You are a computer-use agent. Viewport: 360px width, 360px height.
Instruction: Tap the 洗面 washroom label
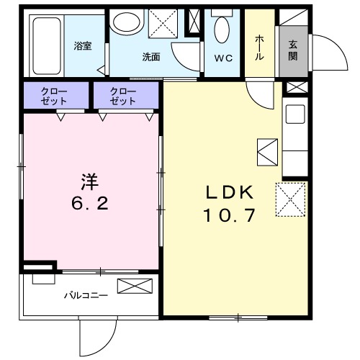tap(150, 56)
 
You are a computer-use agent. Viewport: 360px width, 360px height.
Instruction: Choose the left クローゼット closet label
tap(55, 95)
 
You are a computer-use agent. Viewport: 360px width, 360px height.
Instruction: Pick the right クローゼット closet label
tap(124, 95)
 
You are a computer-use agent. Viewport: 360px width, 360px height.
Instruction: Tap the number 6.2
tap(89, 204)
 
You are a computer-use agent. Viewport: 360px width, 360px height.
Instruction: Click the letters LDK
tap(230, 192)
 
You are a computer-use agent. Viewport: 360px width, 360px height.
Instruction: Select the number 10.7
tap(230, 215)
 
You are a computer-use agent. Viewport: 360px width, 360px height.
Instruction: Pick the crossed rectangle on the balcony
tap(135, 287)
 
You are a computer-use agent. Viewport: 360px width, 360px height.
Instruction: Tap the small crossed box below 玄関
tap(294, 88)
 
